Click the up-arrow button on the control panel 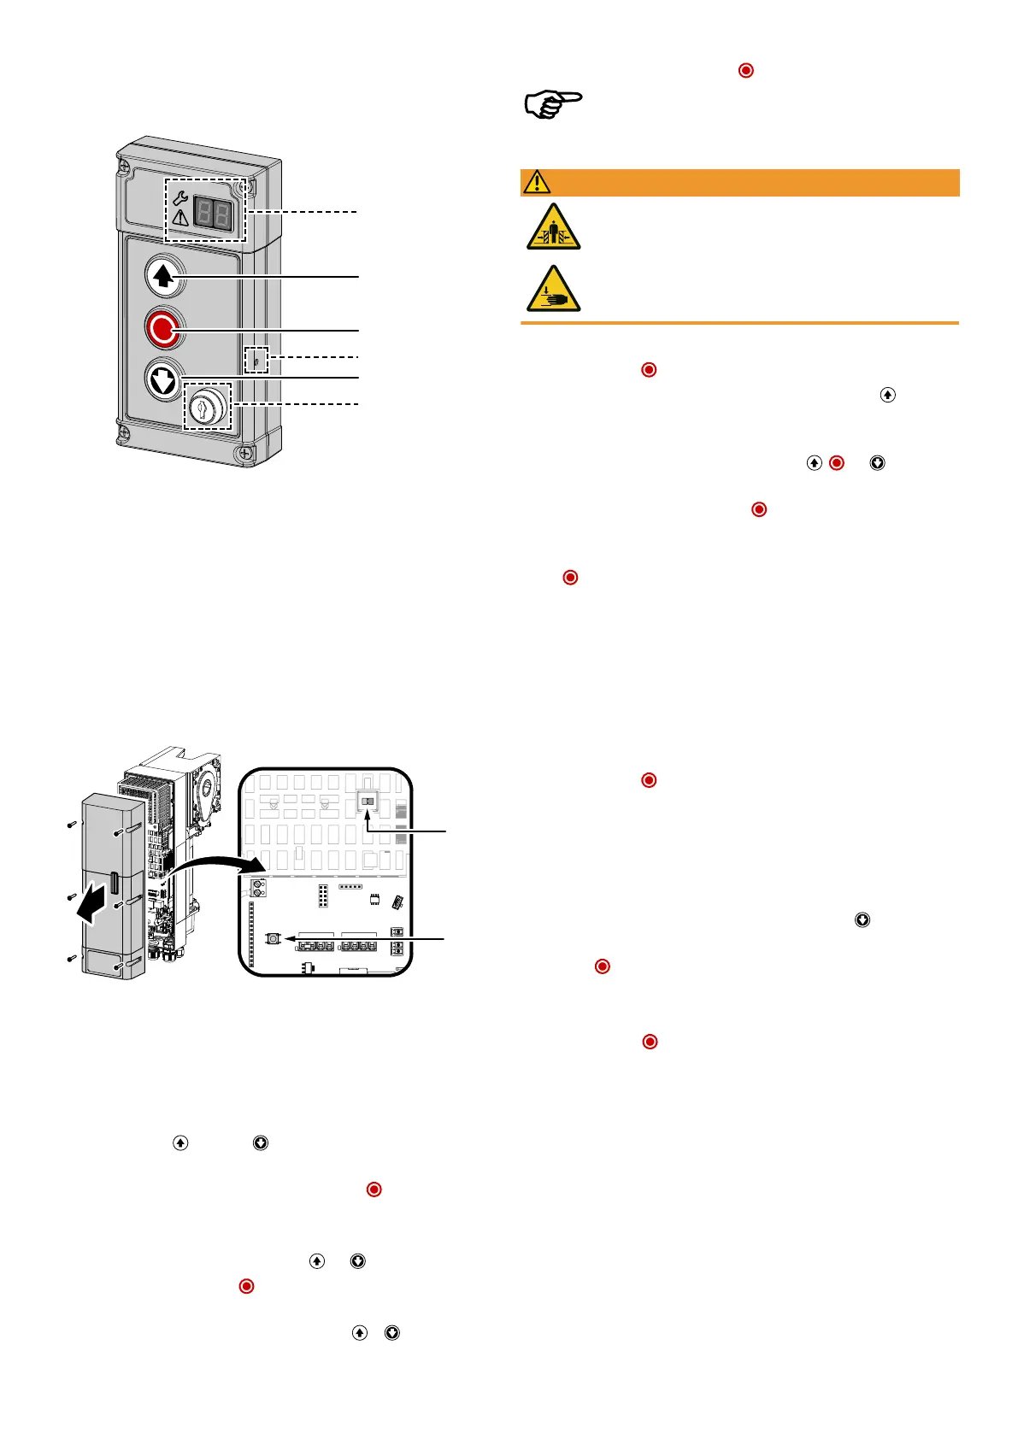[x=163, y=276]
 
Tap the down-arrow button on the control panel [x=163, y=379]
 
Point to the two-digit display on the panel [x=212, y=212]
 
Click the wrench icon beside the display [x=180, y=198]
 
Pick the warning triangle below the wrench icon [x=180, y=218]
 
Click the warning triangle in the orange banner [x=537, y=182]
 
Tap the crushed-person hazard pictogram [x=553, y=227]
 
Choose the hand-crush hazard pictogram [x=553, y=290]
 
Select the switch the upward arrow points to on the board [x=368, y=802]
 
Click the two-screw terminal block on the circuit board [x=258, y=889]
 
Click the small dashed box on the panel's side [x=256, y=360]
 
